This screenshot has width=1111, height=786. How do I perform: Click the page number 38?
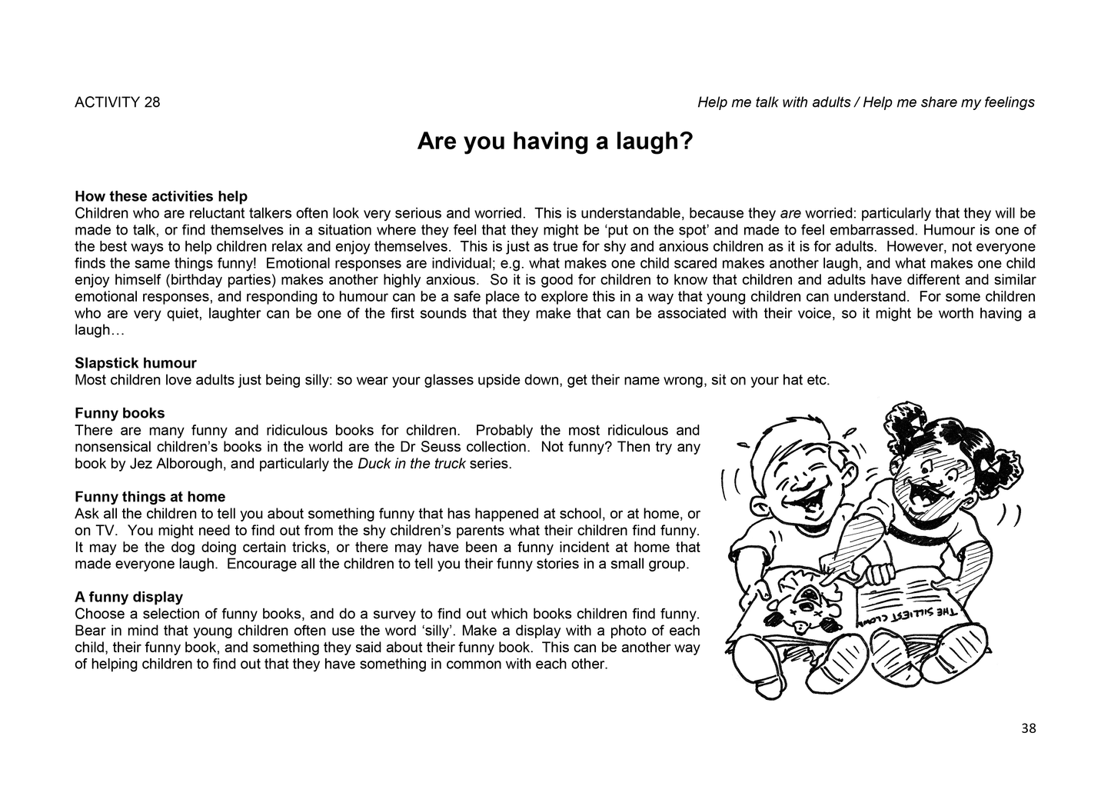click(1029, 728)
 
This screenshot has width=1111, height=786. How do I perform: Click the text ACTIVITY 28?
click(118, 102)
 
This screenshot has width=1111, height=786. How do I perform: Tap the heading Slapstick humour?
click(135, 363)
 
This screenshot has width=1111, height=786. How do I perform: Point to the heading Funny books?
click(120, 413)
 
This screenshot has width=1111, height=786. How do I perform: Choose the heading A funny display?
click(128, 597)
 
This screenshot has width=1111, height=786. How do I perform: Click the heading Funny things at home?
click(150, 497)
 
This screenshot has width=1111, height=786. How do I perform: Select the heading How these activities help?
click(161, 196)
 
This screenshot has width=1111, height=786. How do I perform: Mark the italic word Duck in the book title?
click(373, 464)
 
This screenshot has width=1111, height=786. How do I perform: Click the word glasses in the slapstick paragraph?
click(448, 380)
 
